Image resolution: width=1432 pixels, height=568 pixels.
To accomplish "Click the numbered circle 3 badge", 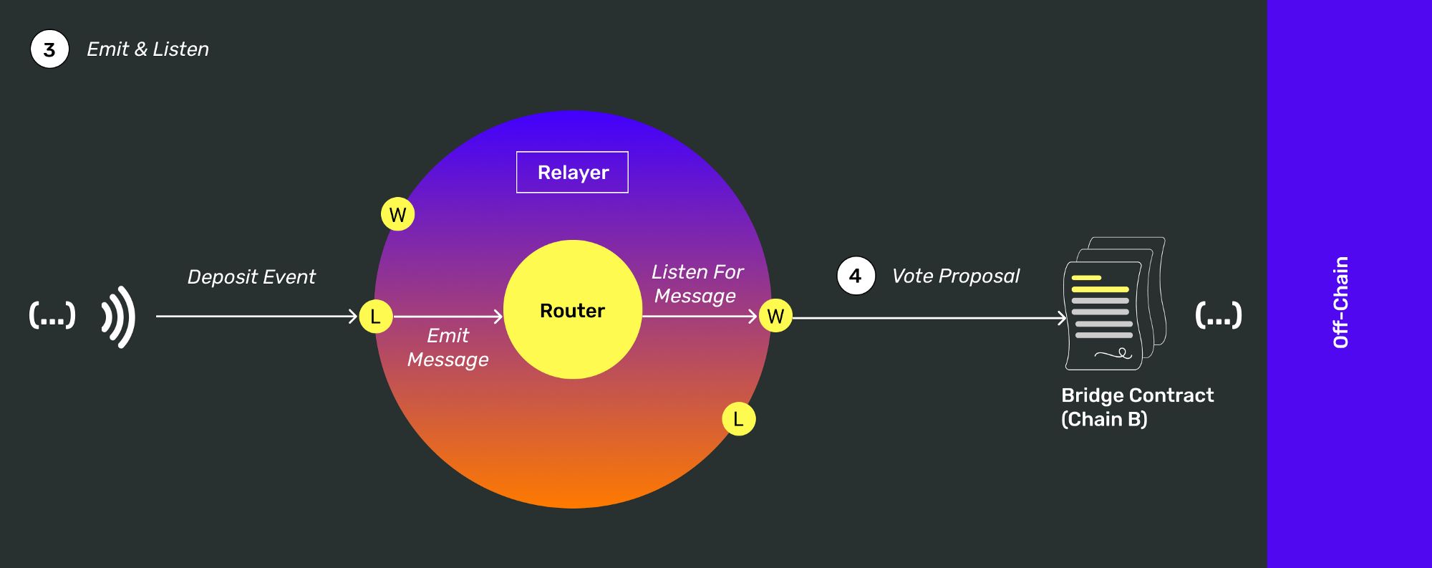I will tap(49, 49).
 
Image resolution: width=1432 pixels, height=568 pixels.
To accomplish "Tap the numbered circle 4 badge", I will tap(856, 276).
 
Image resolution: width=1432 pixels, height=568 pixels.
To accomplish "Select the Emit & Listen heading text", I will tap(147, 49).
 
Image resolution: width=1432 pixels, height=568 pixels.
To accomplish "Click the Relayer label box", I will tap(572, 173).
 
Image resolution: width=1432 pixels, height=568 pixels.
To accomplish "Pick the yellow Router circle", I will tap(572, 309).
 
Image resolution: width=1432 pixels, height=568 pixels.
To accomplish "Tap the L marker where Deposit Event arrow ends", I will tap(375, 317).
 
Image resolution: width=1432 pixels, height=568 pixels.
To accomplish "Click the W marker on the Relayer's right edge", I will tap(775, 316).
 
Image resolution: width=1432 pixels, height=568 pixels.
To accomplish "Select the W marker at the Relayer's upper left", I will tap(398, 214).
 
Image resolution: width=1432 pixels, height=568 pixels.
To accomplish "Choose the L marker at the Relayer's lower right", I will tap(738, 419).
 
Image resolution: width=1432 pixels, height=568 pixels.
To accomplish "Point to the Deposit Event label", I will tap(251, 277).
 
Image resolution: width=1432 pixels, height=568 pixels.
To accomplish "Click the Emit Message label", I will tap(447, 347).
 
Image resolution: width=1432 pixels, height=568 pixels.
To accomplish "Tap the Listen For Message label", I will tap(697, 284).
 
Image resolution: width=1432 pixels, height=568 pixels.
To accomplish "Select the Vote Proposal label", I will tap(955, 276).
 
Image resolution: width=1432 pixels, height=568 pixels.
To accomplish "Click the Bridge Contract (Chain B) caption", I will tap(1136, 407).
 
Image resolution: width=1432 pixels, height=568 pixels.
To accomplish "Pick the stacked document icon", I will tap(1114, 304).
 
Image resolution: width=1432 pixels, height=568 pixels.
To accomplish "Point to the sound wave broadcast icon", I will tap(119, 317).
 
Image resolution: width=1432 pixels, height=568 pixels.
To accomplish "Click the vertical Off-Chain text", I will tap(1341, 302).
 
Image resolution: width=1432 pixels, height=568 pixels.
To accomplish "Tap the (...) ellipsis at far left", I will tap(52, 315).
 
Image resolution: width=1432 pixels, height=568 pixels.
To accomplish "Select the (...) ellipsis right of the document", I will tap(1218, 315).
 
